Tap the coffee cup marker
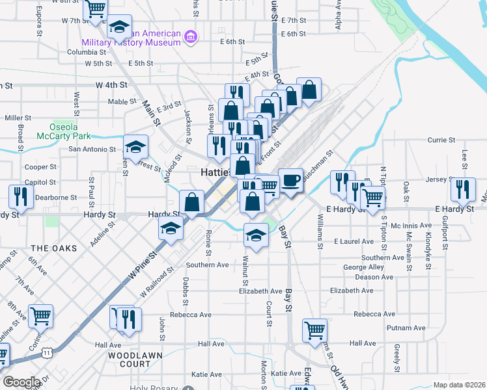pyautogui.click(x=290, y=179)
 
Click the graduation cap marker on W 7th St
pyautogui.click(x=119, y=26)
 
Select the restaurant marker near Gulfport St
pyautogui.click(x=463, y=188)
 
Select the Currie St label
pyautogui.click(x=441, y=140)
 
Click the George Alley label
pyautogui.click(x=363, y=267)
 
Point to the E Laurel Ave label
pyautogui.click(x=354, y=241)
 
